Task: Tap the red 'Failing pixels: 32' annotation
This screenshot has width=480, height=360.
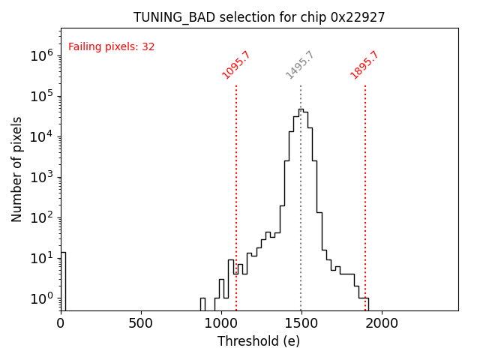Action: point(111,46)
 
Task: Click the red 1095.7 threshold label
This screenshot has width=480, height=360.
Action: point(236,65)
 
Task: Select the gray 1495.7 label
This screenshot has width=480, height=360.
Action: point(300,65)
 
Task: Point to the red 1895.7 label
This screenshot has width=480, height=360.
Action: point(364,65)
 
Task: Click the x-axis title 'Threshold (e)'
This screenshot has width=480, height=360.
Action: point(259,341)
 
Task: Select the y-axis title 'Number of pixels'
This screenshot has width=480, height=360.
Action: point(17,169)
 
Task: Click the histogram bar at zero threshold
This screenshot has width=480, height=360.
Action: point(63,281)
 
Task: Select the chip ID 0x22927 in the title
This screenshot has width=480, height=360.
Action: point(358,17)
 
